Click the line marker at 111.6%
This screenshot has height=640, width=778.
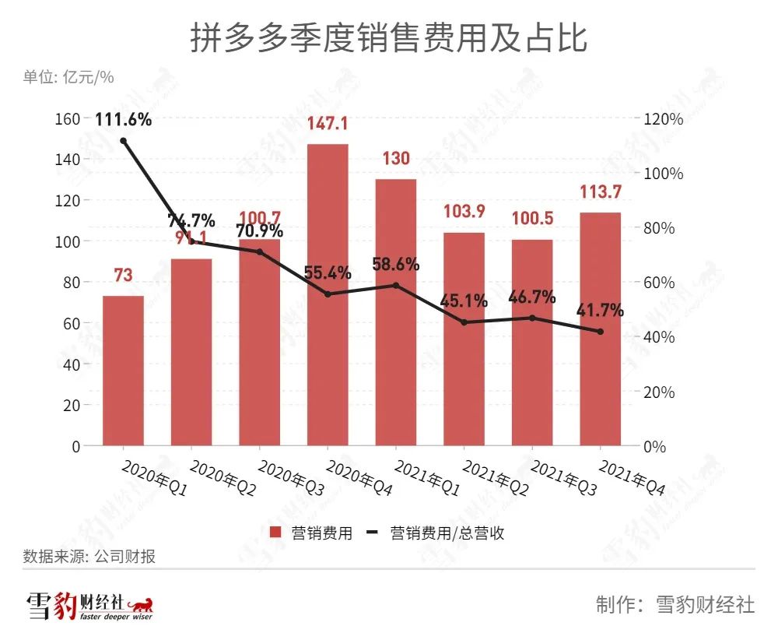pos(123,140)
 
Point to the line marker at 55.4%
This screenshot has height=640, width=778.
pos(328,294)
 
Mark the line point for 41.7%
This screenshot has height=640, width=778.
pos(600,332)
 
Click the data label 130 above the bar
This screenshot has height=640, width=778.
pos(395,159)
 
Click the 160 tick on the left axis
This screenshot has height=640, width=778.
pos(69,118)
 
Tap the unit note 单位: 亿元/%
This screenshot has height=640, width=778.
pos(68,76)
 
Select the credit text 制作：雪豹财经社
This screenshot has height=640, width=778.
pos(675,605)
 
